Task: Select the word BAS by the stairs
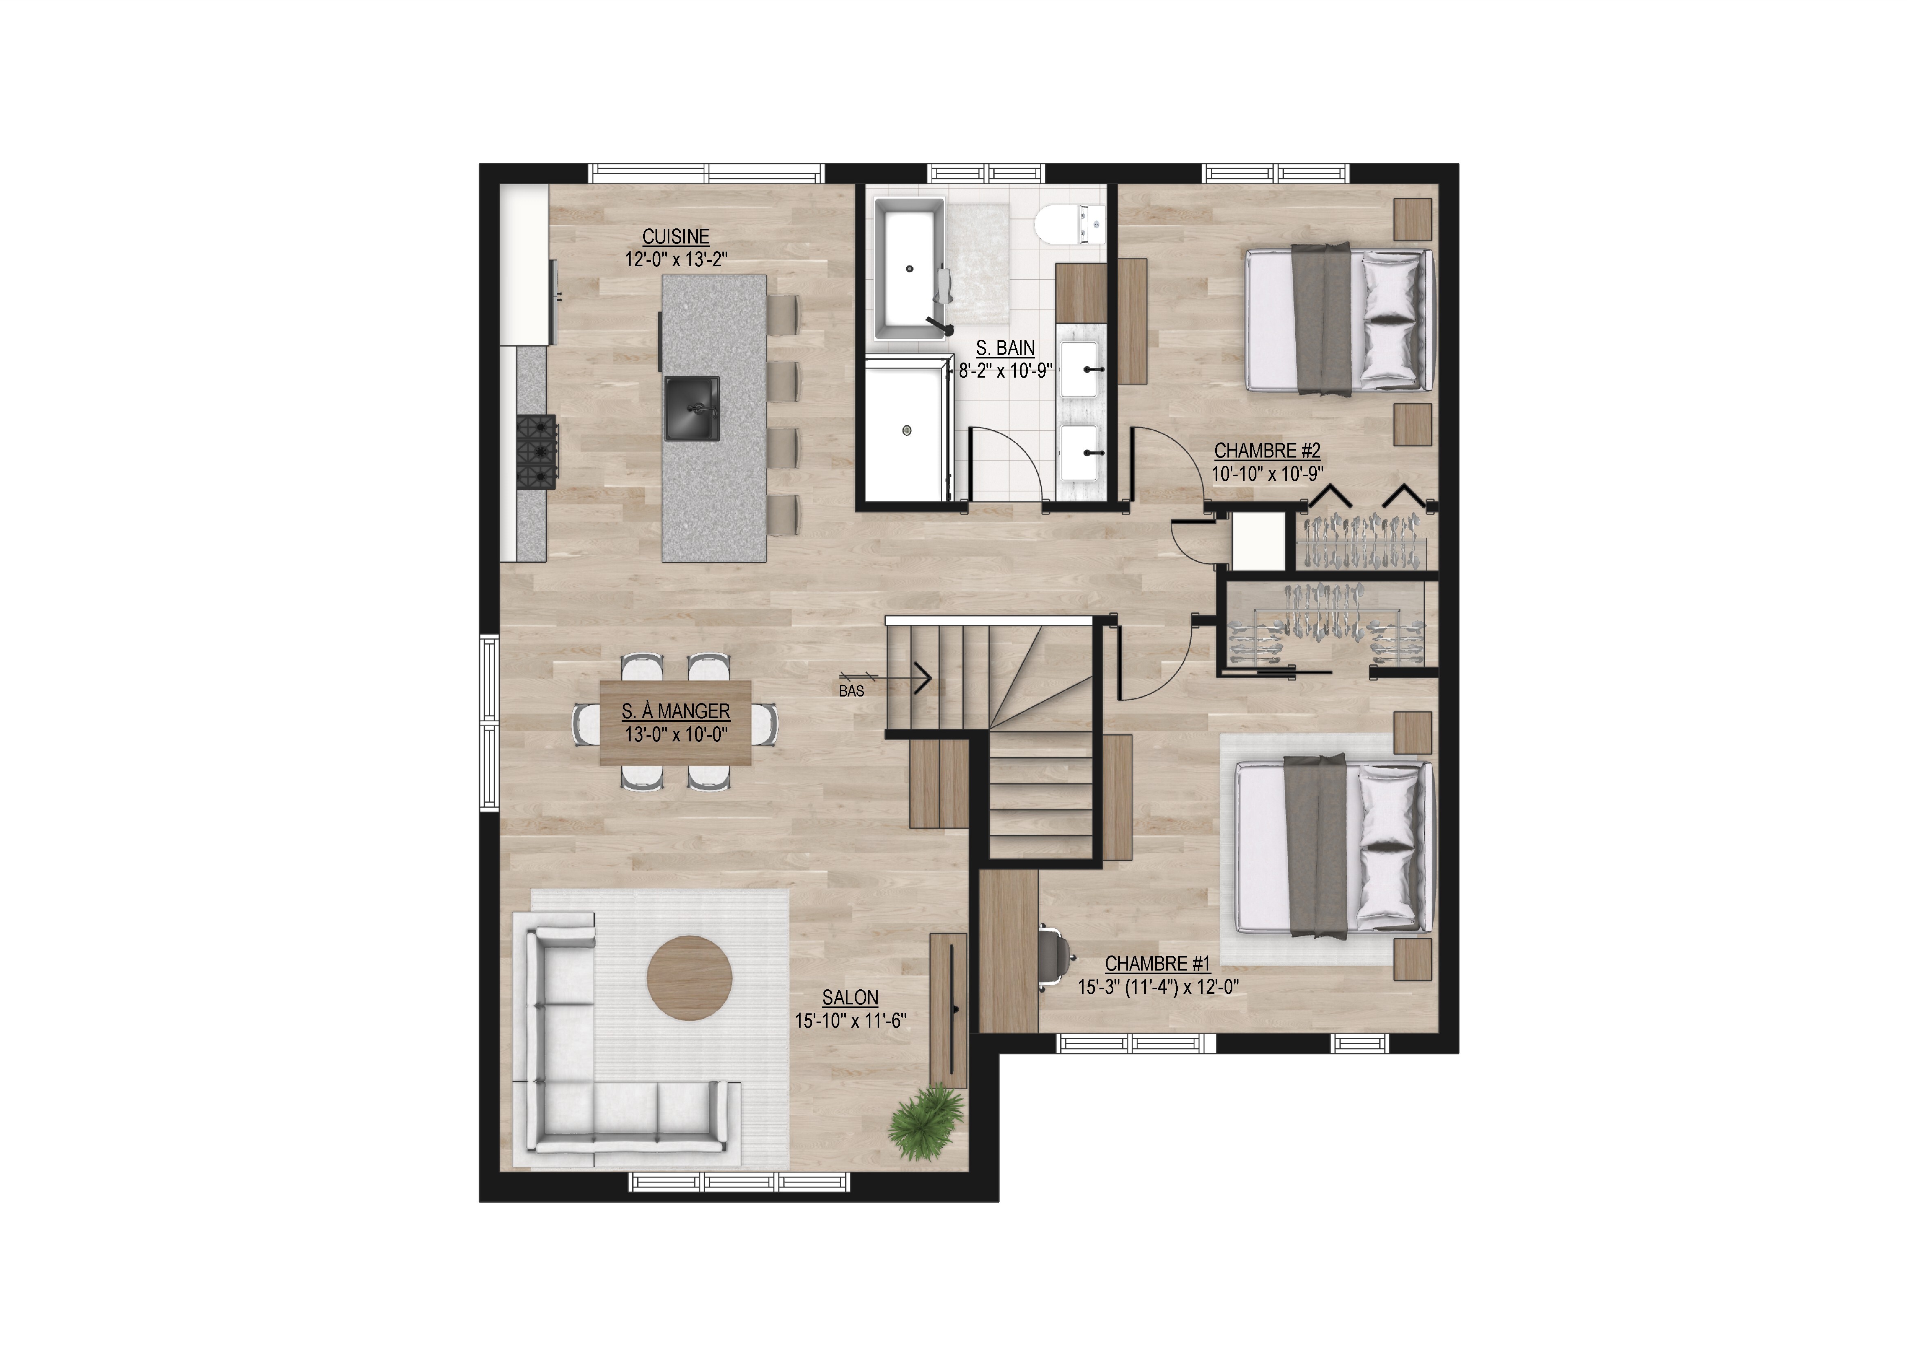pos(851,691)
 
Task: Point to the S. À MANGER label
pos(676,712)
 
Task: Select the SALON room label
pos(850,997)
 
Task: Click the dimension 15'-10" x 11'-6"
pos(850,1021)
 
